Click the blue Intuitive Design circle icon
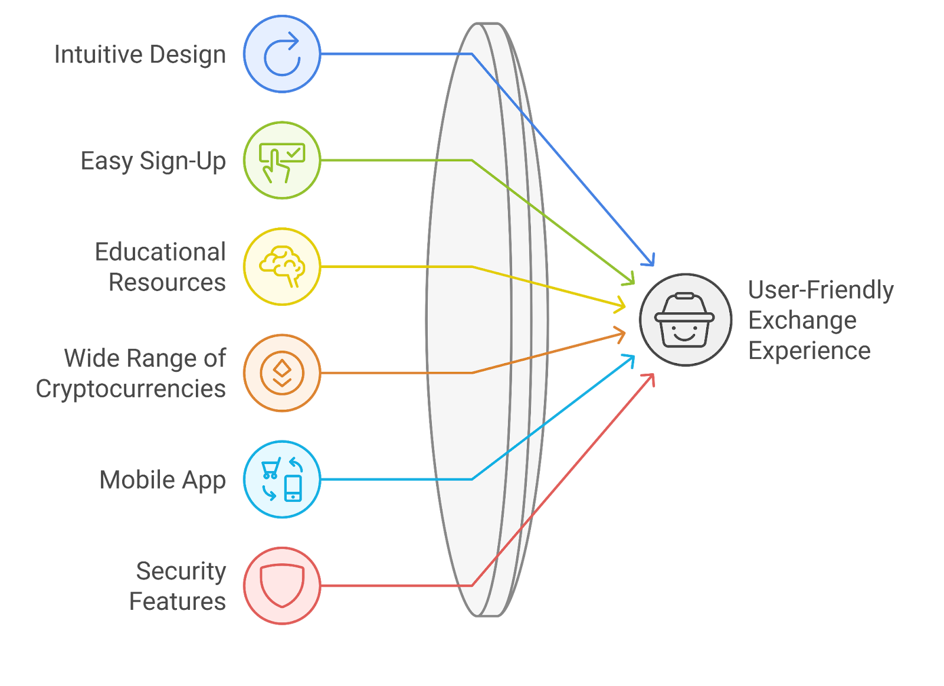click(x=282, y=54)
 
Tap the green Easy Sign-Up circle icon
click(x=282, y=161)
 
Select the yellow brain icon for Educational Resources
click(x=282, y=267)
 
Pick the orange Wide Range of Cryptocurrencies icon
click(x=282, y=373)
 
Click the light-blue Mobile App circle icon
click(x=282, y=479)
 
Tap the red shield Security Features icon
click(x=282, y=586)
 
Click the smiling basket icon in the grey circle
click(x=685, y=320)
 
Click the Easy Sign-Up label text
click(x=153, y=161)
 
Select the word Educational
click(x=160, y=252)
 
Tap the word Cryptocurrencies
click(x=131, y=389)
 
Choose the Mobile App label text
click(x=163, y=481)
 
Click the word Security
click(x=181, y=571)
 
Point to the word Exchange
click(x=802, y=321)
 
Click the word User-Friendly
click(x=821, y=290)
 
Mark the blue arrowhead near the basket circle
click(x=650, y=260)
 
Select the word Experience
click(x=809, y=351)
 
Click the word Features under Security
click(x=178, y=602)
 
